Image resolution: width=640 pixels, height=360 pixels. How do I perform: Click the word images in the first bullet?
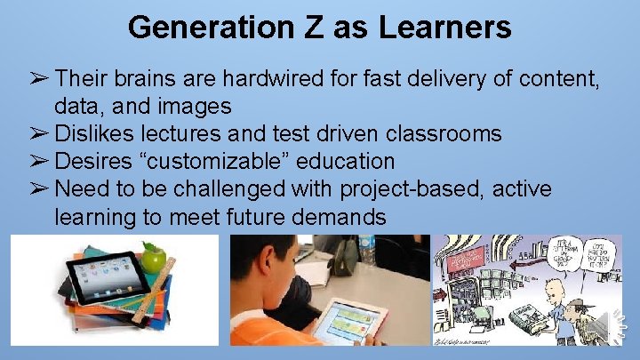coord(187,108)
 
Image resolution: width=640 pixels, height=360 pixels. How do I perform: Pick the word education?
coord(349,162)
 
